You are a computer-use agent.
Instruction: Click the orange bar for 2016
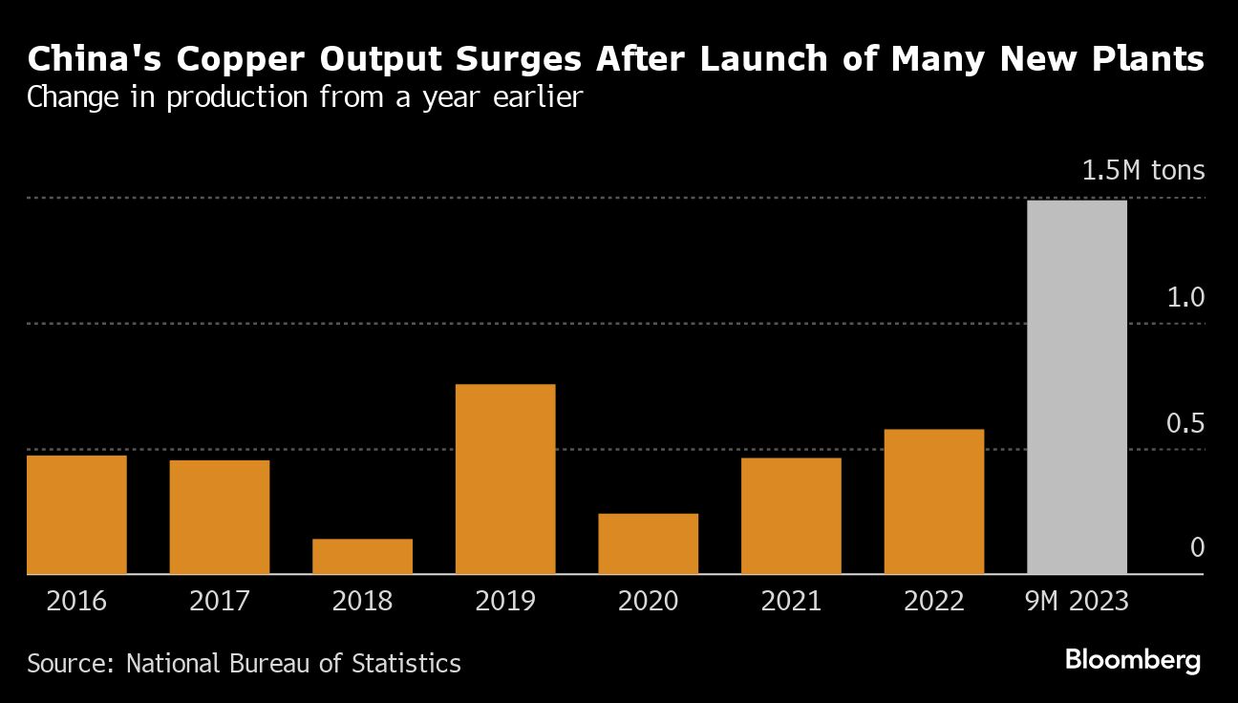click(x=76, y=514)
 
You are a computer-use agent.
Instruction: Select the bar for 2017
click(x=220, y=517)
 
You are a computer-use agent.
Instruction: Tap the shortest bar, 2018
click(x=362, y=556)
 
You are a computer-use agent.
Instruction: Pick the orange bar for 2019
click(x=505, y=479)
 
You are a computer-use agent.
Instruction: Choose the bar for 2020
click(x=648, y=543)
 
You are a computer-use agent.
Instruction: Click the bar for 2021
click(x=791, y=516)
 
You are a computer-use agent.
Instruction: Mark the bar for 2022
click(x=933, y=501)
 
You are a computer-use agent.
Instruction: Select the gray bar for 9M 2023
click(x=1077, y=387)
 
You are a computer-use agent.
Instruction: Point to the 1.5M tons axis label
click(x=1142, y=171)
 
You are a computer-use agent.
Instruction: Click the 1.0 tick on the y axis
click(x=1185, y=297)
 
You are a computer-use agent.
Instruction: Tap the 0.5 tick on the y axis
click(x=1185, y=423)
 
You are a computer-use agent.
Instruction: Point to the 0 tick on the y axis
click(x=1197, y=548)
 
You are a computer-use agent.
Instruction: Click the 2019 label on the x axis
click(x=505, y=602)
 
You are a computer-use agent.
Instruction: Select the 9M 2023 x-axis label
click(x=1077, y=602)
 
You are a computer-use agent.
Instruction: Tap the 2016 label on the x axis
click(x=76, y=602)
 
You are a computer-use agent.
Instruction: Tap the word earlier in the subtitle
click(x=539, y=97)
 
